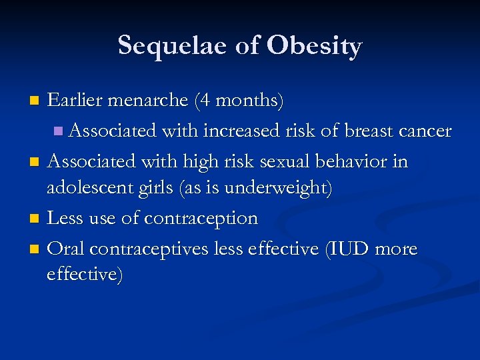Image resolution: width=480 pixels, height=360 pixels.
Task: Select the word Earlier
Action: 75,101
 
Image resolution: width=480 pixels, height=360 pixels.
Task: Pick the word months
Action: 248,101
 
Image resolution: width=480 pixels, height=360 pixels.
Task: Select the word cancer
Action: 426,131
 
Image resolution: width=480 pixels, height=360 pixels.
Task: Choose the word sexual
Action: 283,161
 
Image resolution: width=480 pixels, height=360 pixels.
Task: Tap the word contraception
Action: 201,219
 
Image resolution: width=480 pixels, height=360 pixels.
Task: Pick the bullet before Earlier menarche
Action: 35,101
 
